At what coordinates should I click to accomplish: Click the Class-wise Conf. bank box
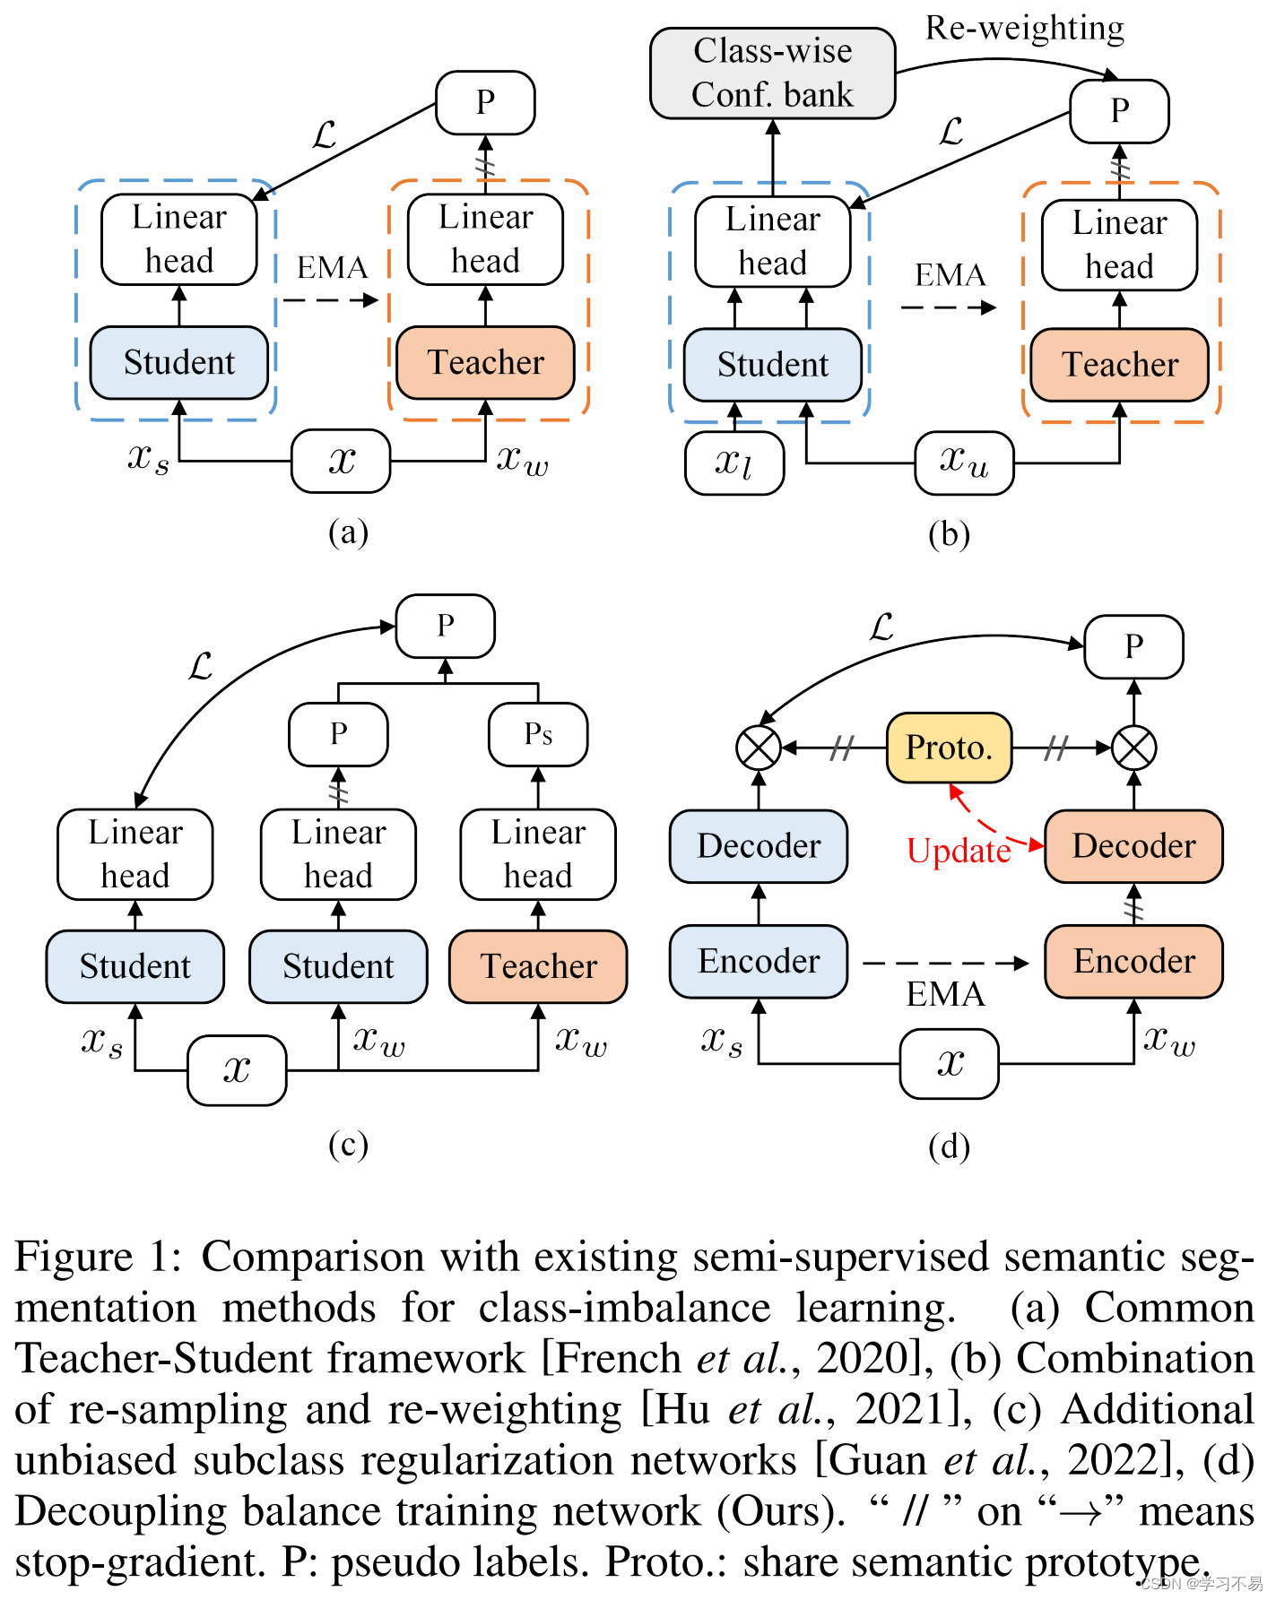coord(772,73)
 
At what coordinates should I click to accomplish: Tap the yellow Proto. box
coord(949,748)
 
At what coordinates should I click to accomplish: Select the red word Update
coord(958,851)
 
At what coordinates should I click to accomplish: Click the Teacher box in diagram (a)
coord(485,362)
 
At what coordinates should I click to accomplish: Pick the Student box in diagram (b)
coord(772,365)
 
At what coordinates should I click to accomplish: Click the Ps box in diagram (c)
coord(538,734)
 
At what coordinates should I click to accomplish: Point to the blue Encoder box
coord(759,961)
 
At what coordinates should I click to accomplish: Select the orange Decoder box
coord(1133,846)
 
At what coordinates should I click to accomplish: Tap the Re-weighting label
coord(1024,28)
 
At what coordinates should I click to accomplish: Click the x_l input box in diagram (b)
coord(734,463)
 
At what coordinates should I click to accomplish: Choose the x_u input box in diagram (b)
coord(964,463)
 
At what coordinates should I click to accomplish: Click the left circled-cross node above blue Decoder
coord(759,748)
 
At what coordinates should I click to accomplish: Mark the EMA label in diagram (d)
coord(945,994)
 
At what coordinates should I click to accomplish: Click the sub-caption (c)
coord(348,1145)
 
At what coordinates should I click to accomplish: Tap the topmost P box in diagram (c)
coord(446,626)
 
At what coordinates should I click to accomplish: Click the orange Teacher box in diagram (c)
coord(538,966)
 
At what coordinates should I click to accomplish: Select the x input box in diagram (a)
coord(341,461)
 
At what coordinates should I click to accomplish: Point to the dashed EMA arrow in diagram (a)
coord(330,300)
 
